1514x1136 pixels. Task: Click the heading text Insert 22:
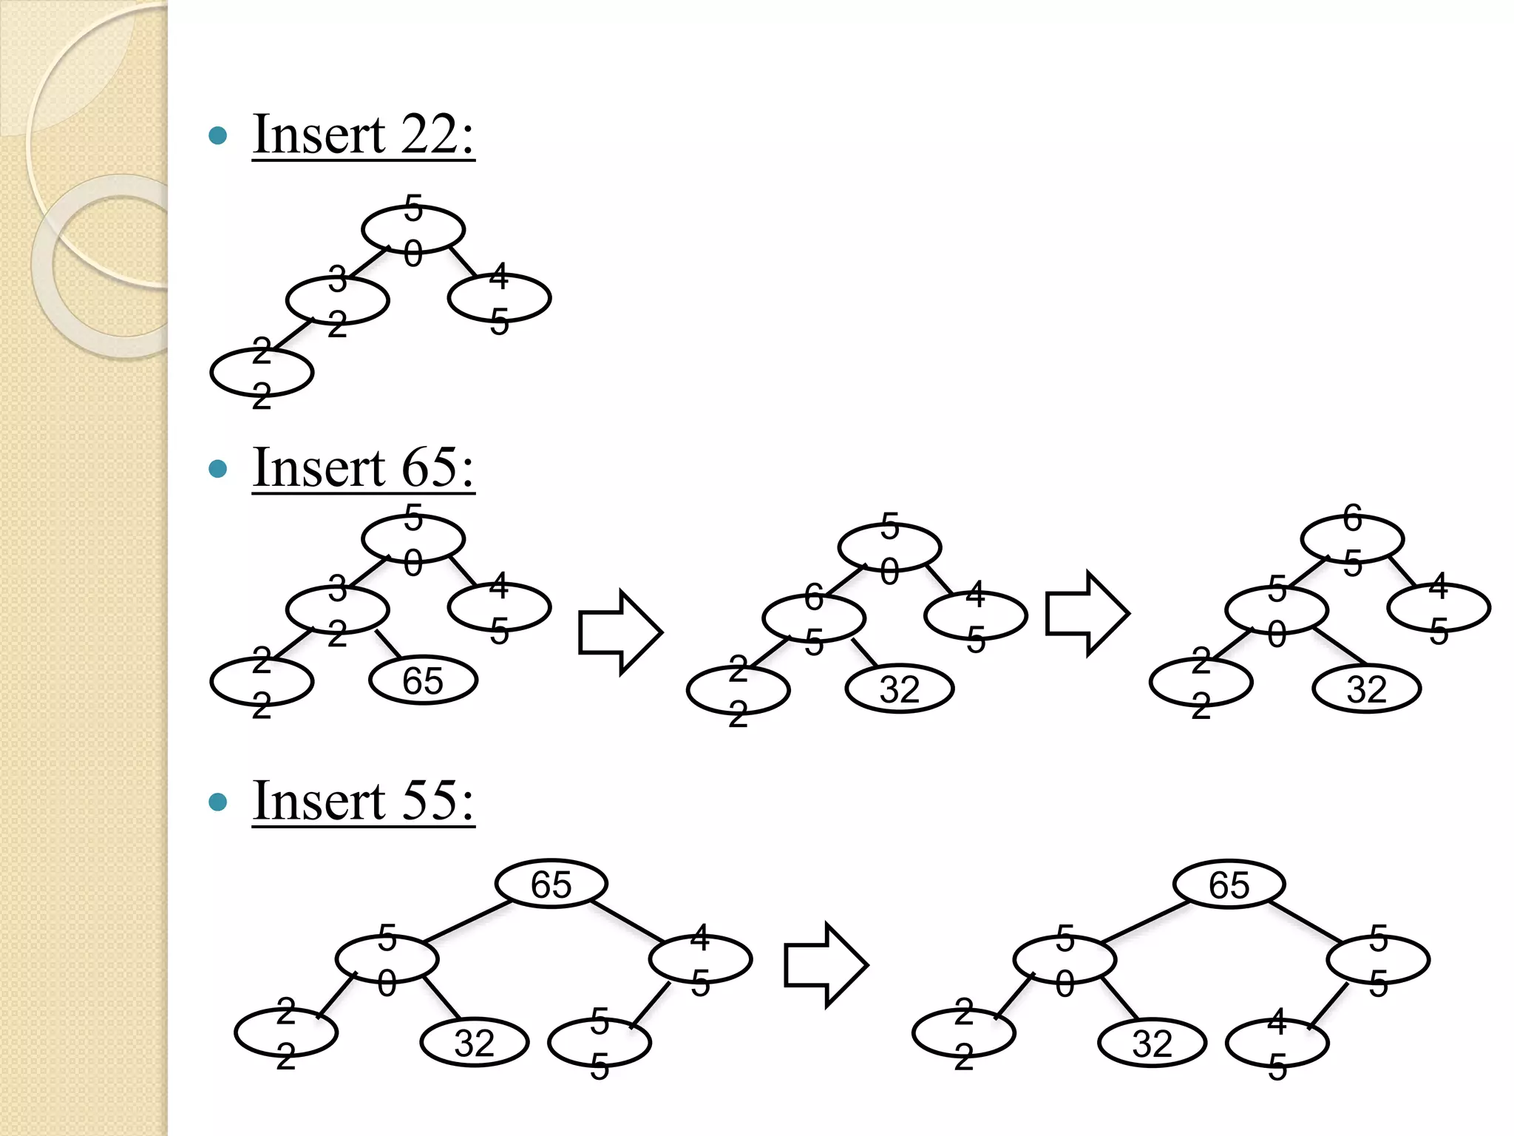[363, 135]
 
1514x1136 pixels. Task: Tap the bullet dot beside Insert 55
[218, 802]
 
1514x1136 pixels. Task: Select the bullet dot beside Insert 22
[218, 135]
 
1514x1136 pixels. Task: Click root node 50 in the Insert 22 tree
[413, 230]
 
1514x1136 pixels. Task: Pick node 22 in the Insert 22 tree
[262, 373]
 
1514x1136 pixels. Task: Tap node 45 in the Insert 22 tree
[500, 298]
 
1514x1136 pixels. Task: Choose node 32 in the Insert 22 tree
[338, 301]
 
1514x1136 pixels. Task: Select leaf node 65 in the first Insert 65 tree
[423, 680]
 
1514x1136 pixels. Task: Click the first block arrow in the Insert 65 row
[620, 632]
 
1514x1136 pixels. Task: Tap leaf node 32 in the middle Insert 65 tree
[900, 689]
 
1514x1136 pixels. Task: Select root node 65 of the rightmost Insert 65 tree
[1352, 539]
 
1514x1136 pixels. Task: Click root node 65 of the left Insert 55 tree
[551, 884]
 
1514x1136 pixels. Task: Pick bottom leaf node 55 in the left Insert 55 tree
[600, 1043]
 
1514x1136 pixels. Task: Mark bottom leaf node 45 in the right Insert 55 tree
[1277, 1044]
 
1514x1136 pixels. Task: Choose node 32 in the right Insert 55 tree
[1152, 1043]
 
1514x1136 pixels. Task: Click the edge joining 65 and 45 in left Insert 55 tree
[629, 922]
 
